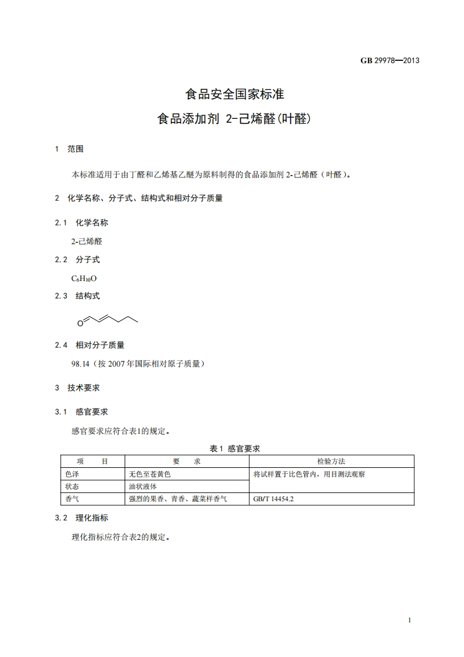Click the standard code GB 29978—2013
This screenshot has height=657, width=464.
click(x=390, y=60)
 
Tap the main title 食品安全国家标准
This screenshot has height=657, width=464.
click(x=234, y=94)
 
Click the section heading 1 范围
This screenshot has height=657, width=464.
click(x=69, y=149)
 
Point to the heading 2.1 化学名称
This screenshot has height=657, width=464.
click(x=81, y=223)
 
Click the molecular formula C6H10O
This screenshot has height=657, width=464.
click(x=84, y=278)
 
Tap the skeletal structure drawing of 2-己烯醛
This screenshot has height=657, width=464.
click(x=109, y=319)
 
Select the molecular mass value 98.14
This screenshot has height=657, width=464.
click(x=80, y=364)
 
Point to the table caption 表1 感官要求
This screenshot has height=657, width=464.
click(x=234, y=449)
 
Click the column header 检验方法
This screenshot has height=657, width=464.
click(x=331, y=462)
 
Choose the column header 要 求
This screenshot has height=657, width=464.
click(x=187, y=462)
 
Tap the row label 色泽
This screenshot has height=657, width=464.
click(x=72, y=474)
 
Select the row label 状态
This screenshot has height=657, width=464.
click(x=72, y=487)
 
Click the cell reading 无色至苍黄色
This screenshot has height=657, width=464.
click(x=150, y=474)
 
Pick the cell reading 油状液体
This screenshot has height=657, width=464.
click(x=143, y=487)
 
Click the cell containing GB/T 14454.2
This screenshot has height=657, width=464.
click(x=273, y=499)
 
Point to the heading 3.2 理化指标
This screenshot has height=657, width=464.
click(x=81, y=518)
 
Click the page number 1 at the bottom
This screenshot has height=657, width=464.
click(x=410, y=621)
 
